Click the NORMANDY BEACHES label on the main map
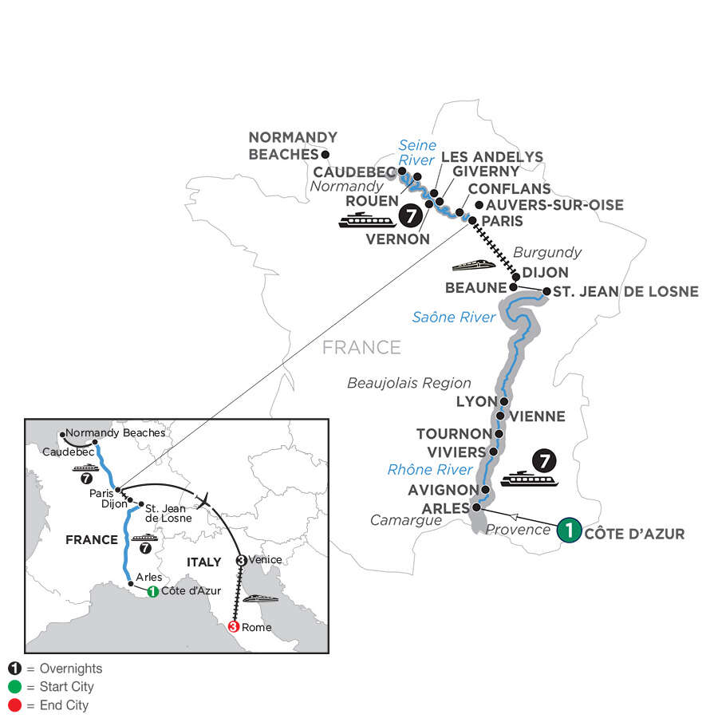[x=293, y=145]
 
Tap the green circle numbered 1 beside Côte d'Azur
[x=569, y=531]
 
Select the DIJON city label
[x=546, y=273]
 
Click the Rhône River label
[x=430, y=469]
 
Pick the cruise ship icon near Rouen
[x=367, y=220]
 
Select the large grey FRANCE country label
[x=361, y=347]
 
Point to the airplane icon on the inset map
[x=206, y=500]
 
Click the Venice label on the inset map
[x=265, y=559]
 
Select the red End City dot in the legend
[x=14, y=705]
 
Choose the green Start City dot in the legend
[x=14, y=687]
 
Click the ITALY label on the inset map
[x=203, y=562]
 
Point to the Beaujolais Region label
[x=409, y=383]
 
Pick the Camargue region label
[x=408, y=521]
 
